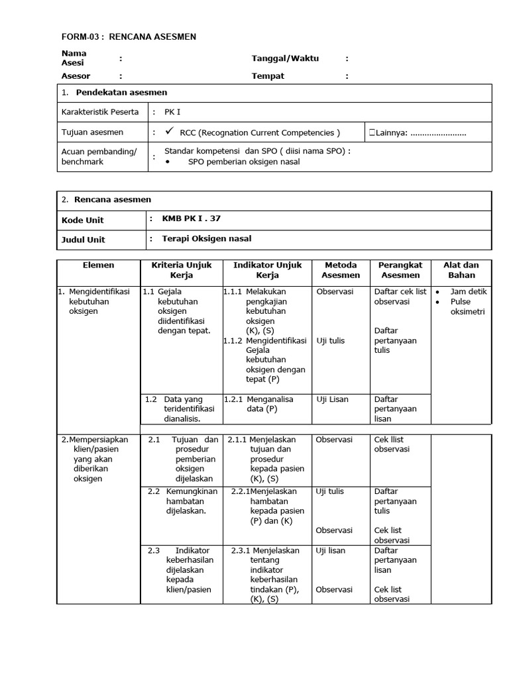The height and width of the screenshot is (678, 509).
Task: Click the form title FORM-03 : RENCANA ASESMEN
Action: [129, 36]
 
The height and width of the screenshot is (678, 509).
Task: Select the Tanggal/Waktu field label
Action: [285, 58]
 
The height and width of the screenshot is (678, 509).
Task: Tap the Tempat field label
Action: [268, 76]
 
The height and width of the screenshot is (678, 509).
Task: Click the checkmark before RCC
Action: [170, 132]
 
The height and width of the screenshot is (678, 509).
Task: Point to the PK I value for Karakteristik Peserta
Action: [172, 112]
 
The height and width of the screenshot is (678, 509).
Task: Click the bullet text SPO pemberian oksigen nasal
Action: [243, 162]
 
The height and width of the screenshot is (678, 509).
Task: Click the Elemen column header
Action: [98, 265]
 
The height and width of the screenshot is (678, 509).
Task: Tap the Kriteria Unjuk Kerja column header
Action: [181, 270]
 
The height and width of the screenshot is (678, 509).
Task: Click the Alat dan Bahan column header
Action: [461, 270]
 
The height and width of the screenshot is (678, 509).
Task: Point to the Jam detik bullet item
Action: [468, 292]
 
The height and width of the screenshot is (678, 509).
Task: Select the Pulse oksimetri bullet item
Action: [468, 307]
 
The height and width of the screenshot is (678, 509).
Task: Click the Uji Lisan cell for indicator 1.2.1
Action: [332, 399]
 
